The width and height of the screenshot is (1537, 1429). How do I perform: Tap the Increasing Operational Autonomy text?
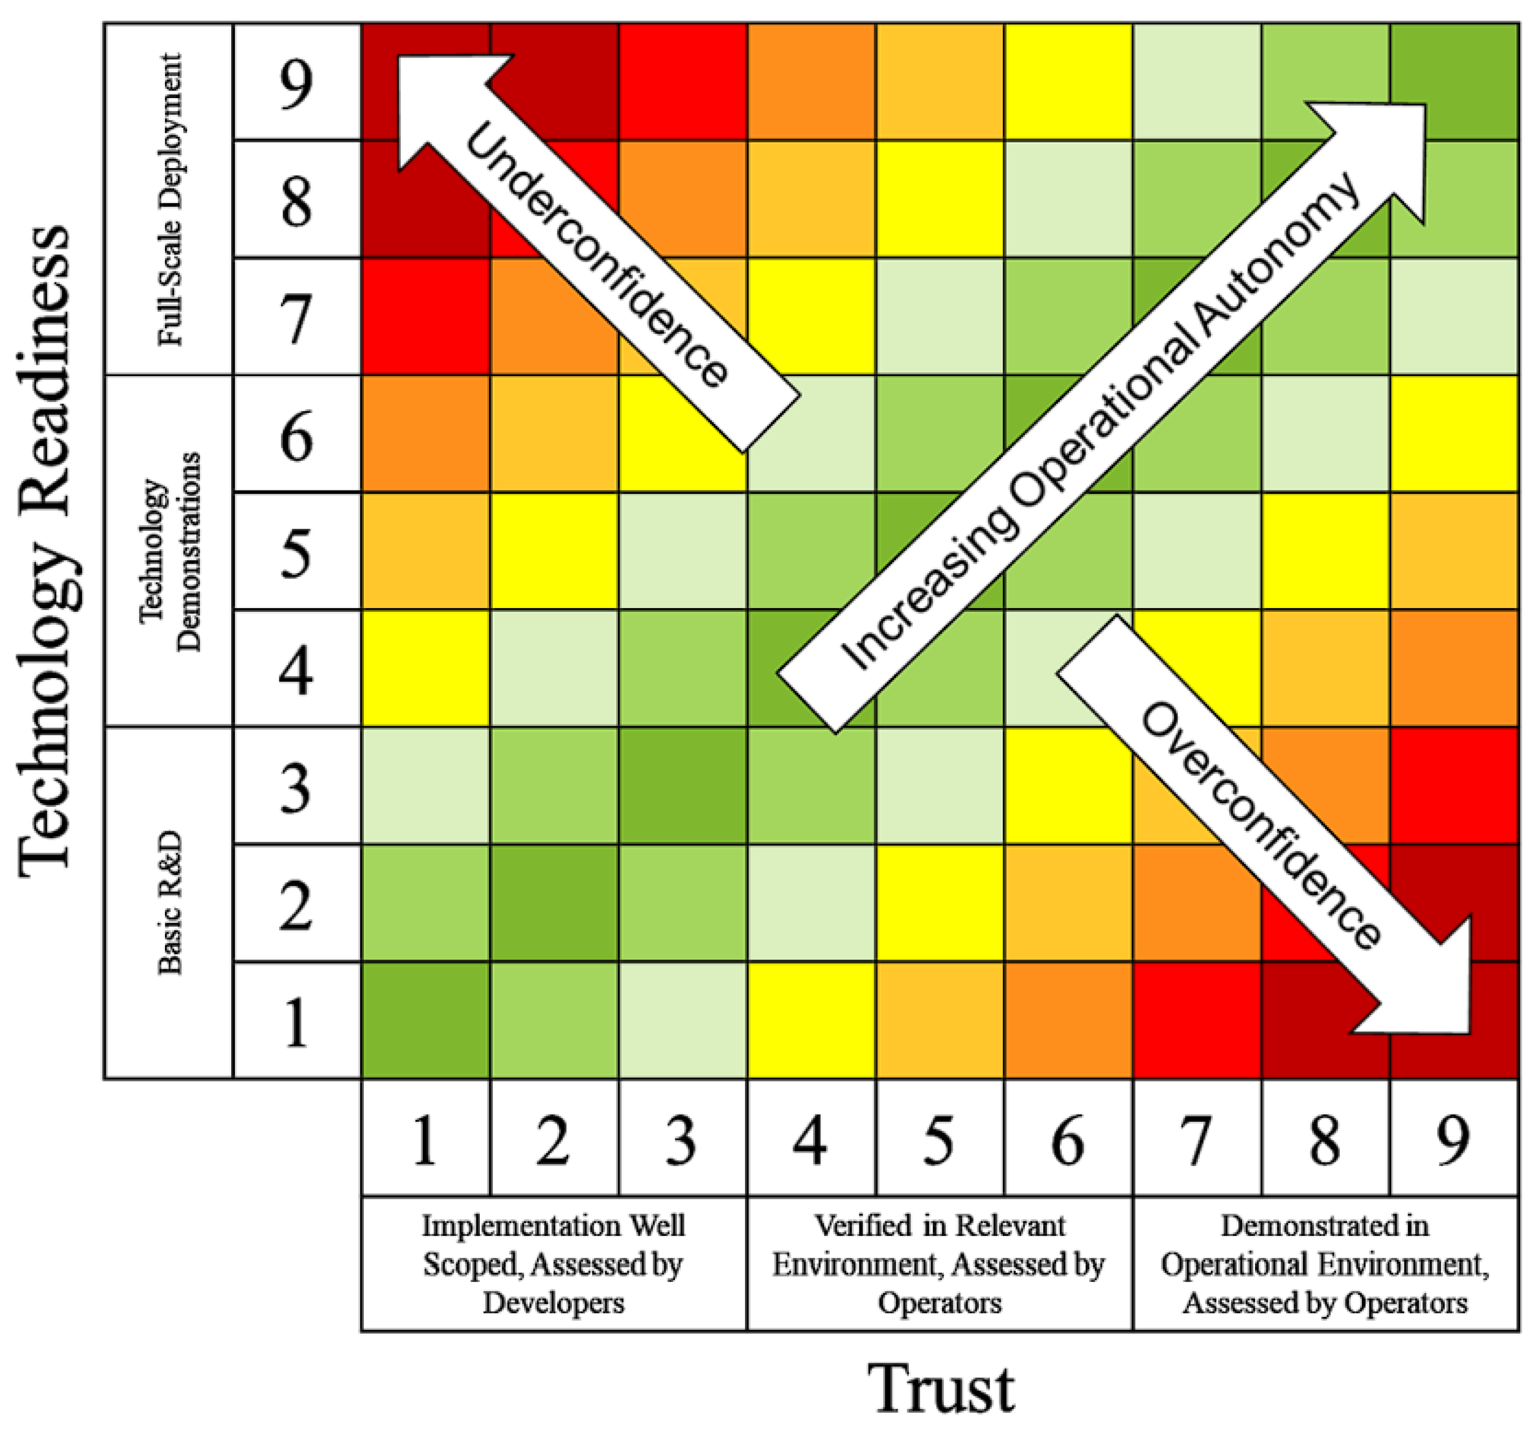click(x=1098, y=421)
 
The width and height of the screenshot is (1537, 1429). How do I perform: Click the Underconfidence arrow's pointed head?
click(x=433, y=93)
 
